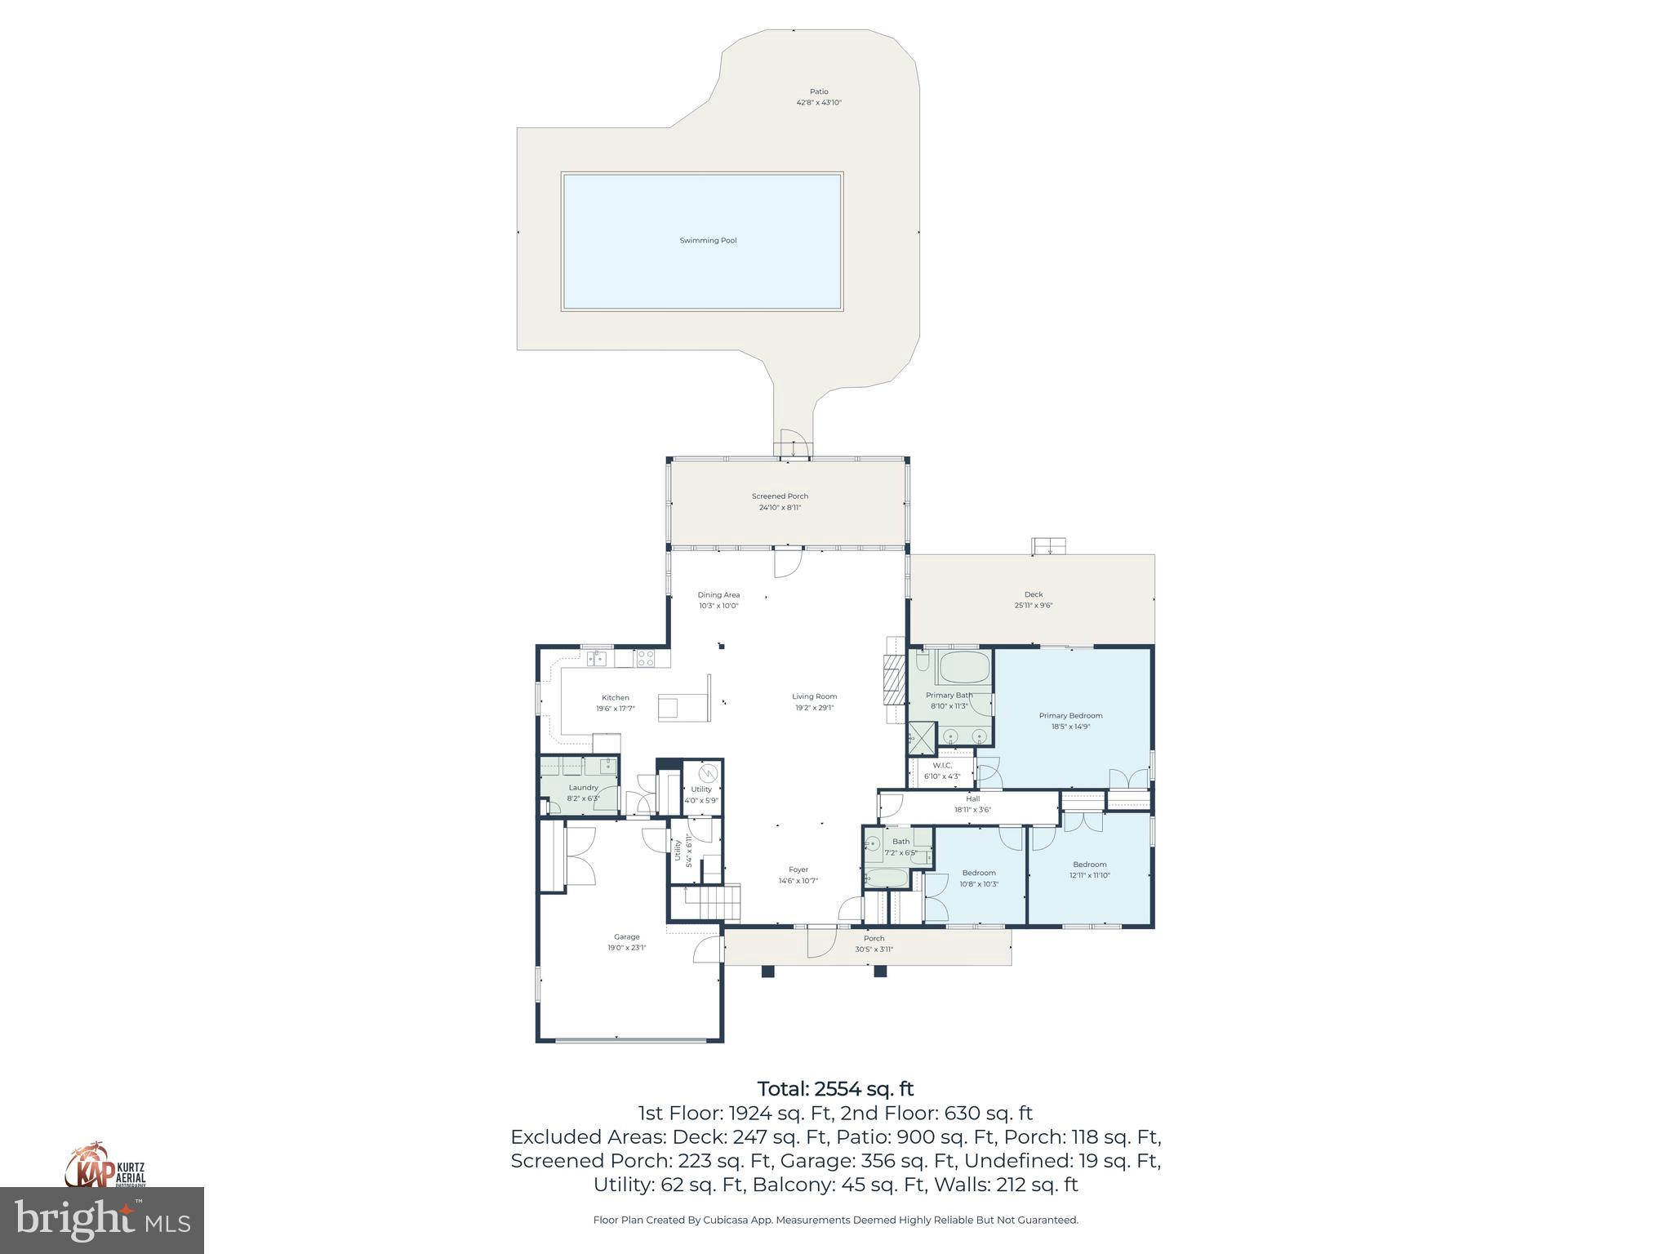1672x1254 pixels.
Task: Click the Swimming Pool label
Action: click(x=708, y=241)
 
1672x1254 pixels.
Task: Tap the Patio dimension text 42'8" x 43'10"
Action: click(x=818, y=103)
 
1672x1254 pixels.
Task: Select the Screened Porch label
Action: click(x=780, y=496)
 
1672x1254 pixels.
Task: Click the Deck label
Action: click(x=1034, y=594)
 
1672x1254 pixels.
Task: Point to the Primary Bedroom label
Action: click(x=1070, y=716)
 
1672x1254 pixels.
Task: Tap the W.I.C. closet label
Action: click(x=942, y=766)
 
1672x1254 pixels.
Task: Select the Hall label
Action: click(x=972, y=799)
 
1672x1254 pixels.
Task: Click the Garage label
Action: click(x=626, y=937)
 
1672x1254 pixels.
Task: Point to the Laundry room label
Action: click(x=583, y=788)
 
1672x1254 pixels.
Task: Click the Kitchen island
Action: click(x=684, y=707)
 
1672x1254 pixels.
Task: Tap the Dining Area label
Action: click(x=718, y=595)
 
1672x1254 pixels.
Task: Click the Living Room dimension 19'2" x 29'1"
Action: click(x=815, y=708)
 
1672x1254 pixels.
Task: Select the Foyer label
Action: click(x=798, y=870)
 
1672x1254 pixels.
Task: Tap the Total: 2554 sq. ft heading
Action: click(x=835, y=1089)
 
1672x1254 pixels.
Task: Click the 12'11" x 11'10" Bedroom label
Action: click(x=1089, y=865)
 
